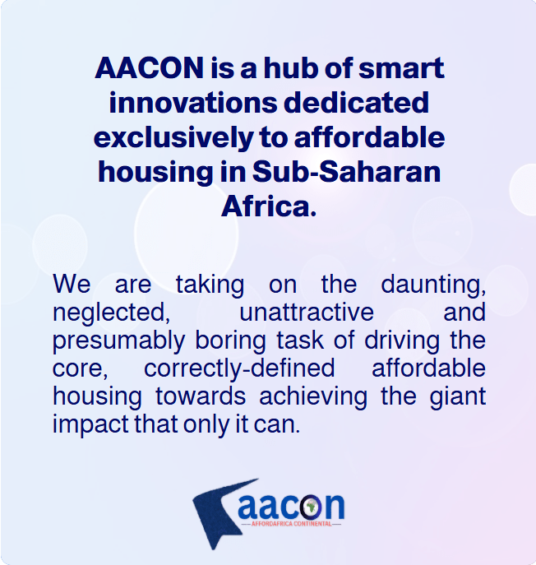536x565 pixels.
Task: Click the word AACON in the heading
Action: (x=150, y=67)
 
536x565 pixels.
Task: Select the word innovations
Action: (x=193, y=103)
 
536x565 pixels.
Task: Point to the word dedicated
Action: (x=356, y=102)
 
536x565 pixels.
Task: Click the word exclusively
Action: (x=173, y=137)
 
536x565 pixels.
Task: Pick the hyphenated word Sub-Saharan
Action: (x=346, y=172)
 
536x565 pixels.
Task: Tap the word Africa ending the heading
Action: (x=269, y=206)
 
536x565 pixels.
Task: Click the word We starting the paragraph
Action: (x=72, y=285)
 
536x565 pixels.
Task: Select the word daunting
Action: (x=433, y=285)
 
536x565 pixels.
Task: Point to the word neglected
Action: (x=111, y=313)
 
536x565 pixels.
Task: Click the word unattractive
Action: (x=307, y=312)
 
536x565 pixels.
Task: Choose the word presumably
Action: (x=119, y=340)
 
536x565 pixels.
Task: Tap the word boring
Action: (x=230, y=340)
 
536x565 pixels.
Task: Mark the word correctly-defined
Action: (x=239, y=368)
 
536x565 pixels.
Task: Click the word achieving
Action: (x=313, y=396)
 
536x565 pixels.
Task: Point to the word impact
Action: (x=90, y=424)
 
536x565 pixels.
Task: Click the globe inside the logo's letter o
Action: (x=311, y=507)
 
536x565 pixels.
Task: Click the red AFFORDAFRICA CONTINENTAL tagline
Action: (x=291, y=524)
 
